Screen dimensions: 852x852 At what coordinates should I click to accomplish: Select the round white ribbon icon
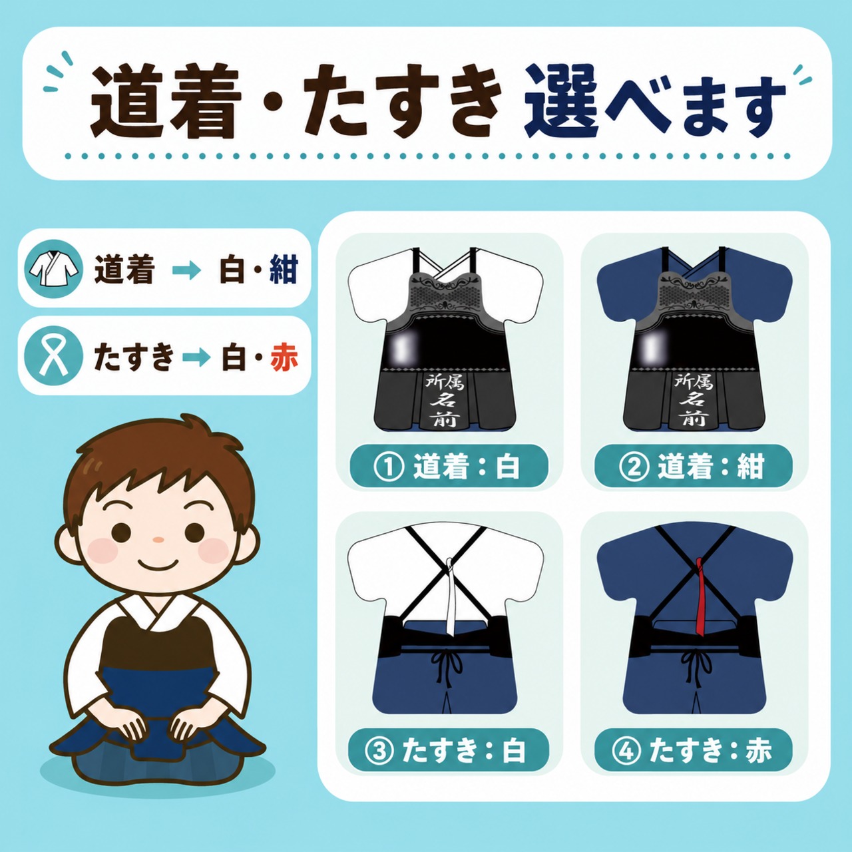tap(53, 356)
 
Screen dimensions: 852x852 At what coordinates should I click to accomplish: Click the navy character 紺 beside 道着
tap(284, 268)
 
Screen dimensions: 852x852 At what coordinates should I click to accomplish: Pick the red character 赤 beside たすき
tap(284, 357)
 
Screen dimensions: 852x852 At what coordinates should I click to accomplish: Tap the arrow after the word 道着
tap(186, 270)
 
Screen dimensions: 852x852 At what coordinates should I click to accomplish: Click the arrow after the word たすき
tap(196, 357)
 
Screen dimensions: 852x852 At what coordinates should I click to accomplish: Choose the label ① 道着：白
tap(449, 467)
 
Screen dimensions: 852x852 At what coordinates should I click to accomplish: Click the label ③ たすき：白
tap(449, 750)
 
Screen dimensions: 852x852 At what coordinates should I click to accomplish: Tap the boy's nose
tap(158, 540)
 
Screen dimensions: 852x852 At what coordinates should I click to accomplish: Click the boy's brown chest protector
tap(159, 640)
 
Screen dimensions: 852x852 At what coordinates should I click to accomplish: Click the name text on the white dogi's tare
tap(445, 400)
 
